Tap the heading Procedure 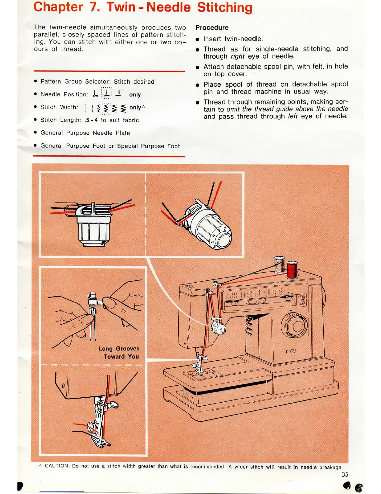pos(212,27)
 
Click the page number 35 pos(345,474)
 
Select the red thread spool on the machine pos(292,270)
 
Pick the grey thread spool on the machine pos(279,265)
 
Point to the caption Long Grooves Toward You pos(120,352)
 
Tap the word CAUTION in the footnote pos(57,466)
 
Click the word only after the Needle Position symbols pos(135,94)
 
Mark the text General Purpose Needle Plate pos(85,133)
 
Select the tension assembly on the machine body pos(219,328)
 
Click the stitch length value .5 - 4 pos(91,120)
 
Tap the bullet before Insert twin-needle pos(197,40)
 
